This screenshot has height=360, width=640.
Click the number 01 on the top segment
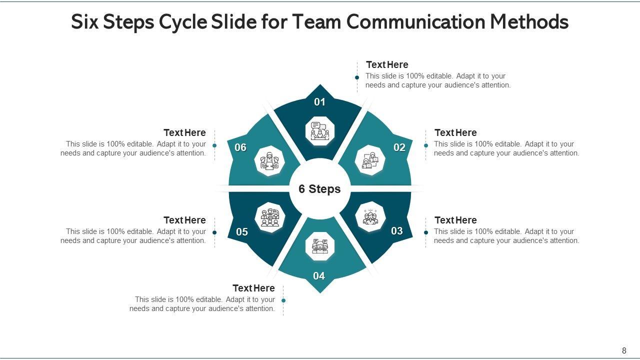tap(319, 102)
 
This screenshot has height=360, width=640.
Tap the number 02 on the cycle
tap(399, 147)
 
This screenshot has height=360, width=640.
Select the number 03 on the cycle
tap(397, 231)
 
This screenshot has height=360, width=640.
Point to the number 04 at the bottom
tap(319, 276)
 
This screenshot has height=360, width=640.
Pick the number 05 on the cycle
tap(242, 232)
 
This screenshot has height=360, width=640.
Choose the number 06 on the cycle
tap(240, 147)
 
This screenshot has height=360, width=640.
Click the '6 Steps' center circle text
tap(319, 189)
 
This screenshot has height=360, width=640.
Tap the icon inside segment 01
tap(319, 131)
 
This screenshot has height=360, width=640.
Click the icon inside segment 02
tap(370, 160)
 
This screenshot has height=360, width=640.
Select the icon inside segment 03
tap(370, 217)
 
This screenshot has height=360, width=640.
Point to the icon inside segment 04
tap(319, 246)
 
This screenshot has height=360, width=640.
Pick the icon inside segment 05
tap(269, 217)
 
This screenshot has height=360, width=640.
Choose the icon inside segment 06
tap(269, 161)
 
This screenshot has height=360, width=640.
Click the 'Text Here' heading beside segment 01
tap(387, 65)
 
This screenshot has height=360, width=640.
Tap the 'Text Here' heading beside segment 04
tap(253, 288)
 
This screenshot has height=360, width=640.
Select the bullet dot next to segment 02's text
tap(426, 145)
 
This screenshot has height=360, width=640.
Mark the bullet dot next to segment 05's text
tap(214, 232)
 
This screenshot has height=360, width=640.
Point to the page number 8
tap(624, 351)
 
